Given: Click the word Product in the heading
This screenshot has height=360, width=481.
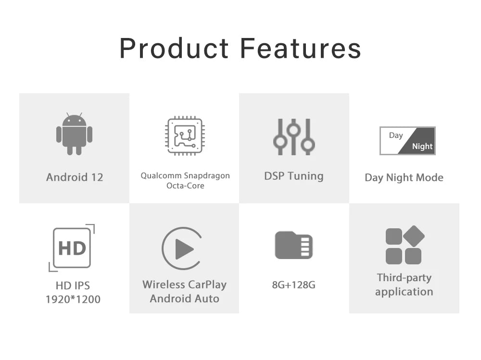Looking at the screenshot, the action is coord(174,48).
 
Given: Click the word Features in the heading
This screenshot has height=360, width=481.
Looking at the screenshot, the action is coord(301,48).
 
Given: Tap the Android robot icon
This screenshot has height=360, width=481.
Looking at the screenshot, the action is coord(74,134).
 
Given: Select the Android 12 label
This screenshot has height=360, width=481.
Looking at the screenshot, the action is coord(75,177).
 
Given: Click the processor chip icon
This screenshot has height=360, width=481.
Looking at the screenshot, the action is coord(185,136).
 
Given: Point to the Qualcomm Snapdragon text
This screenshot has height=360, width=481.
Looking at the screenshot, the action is coord(185,176).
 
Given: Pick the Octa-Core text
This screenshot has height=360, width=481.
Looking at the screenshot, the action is coord(185,186).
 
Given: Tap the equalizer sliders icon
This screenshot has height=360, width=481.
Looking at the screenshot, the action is coord(294,137).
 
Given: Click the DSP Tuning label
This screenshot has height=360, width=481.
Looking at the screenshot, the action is coord(294,176).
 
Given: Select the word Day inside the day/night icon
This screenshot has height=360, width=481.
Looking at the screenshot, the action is coord(396,135).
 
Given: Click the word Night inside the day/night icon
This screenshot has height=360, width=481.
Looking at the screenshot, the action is coord(422,146).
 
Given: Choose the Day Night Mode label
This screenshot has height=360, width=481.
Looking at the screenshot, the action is coord(404,177).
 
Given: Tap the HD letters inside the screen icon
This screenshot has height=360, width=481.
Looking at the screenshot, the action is coord(72,248).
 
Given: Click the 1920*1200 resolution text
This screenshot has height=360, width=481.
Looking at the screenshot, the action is coord(73,299).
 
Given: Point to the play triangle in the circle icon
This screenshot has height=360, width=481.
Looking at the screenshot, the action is coord(184,249).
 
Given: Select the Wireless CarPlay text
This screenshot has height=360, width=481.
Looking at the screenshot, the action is coord(184,285).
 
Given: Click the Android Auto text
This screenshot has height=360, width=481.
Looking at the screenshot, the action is coord(184,298).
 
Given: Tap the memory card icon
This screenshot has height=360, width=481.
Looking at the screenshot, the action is coord(293,245).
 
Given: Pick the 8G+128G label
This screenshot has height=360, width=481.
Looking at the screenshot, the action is coord(293,285).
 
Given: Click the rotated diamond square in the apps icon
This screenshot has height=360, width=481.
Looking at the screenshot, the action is coord(414,236).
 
